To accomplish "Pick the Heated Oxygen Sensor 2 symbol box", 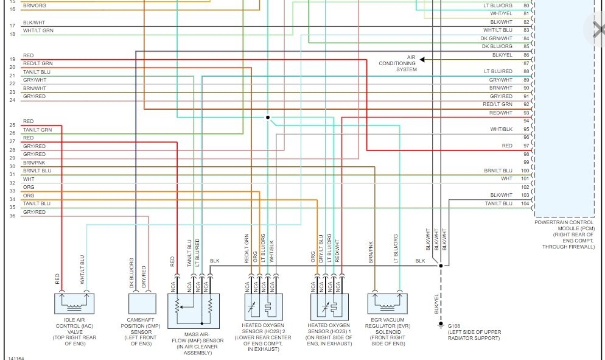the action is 262,306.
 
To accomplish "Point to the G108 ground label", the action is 455,325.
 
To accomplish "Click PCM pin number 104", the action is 525,203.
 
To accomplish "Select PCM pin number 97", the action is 525,146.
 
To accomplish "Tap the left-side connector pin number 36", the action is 12,216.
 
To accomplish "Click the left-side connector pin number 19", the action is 12,59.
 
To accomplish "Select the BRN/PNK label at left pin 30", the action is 34,163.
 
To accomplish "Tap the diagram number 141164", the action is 16,358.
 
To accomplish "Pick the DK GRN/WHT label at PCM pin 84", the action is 497,38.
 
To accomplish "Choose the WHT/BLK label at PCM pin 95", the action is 502,130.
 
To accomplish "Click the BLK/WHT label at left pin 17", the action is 33,23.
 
